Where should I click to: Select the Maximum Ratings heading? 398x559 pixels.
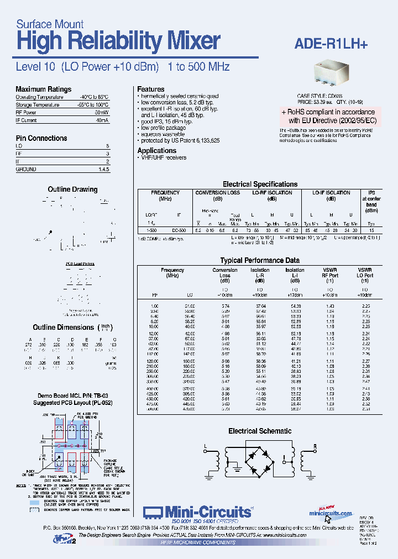click(x=43, y=89)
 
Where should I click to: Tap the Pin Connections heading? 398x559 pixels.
click(x=41, y=138)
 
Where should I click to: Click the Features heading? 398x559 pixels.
click(x=151, y=89)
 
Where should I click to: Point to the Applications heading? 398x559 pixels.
click(x=157, y=150)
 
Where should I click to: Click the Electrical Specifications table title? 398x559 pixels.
click(x=260, y=184)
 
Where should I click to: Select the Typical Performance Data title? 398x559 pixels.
click(x=260, y=260)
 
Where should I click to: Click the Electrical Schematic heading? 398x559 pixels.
click(x=260, y=431)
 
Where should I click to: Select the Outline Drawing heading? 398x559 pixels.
click(x=72, y=189)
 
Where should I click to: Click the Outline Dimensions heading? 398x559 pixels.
click(x=64, y=328)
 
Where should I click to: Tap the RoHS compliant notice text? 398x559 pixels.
click(x=328, y=115)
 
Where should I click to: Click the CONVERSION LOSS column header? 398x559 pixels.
click(x=218, y=193)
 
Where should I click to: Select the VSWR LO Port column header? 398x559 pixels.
click(x=364, y=272)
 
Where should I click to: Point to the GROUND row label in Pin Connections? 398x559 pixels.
click(x=26, y=170)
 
